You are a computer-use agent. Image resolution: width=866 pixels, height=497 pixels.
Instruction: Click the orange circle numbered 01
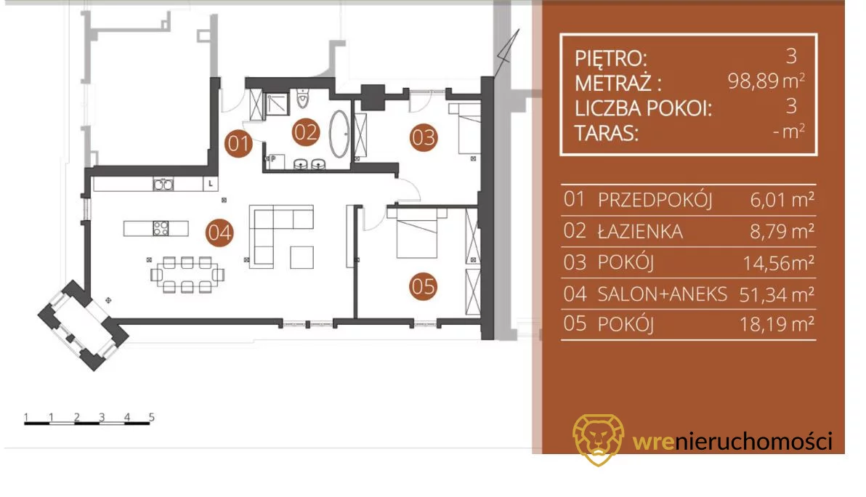pyautogui.click(x=238, y=144)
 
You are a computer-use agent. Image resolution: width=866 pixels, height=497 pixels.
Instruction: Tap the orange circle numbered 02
pyautogui.click(x=305, y=132)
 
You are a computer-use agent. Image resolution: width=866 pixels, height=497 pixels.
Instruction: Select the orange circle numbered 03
pyautogui.click(x=424, y=137)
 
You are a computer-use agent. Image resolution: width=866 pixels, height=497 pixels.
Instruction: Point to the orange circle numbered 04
pyautogui.click(x=219, y=233)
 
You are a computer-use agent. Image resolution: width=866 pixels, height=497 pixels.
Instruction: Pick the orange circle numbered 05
pyautogui.click(x=424, y=286)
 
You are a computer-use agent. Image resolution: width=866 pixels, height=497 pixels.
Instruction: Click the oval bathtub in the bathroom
pyautogui.click(x=339, y=134)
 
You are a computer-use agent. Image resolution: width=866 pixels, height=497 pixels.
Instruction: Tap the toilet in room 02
pyautogui.click(x=303, y=98)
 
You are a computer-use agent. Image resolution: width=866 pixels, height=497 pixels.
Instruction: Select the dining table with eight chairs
pyautogui.click(x=187, y=274)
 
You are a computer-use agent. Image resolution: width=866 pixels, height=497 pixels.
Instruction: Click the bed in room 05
pyautogui.click(x=417, y=233)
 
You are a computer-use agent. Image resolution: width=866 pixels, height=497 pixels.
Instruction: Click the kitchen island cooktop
pyautogui.click(x=161, y=228)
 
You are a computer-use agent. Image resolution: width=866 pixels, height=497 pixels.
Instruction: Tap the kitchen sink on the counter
pyautogui.click(x=163, y=184)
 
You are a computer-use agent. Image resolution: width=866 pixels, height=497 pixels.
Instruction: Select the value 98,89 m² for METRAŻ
pyautogui.click(x=766, y=81)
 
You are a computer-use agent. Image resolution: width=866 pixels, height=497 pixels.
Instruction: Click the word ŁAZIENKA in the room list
pyautogui.click(x=640, y=231)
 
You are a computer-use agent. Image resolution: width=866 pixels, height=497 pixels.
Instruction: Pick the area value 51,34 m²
pyautogui.click(x=777, y=295)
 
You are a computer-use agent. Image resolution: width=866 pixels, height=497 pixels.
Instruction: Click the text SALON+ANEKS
pyautogui.click(x=662, y=294)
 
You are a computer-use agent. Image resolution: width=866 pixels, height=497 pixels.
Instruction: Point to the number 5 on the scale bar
pyautogui.click(x=151, y=417)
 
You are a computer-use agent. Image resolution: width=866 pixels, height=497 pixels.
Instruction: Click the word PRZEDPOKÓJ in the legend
pyautogui.click(x=655, y=200)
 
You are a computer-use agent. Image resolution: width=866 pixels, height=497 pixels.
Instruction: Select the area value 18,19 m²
pyautogui.click(x=777, y=324)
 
